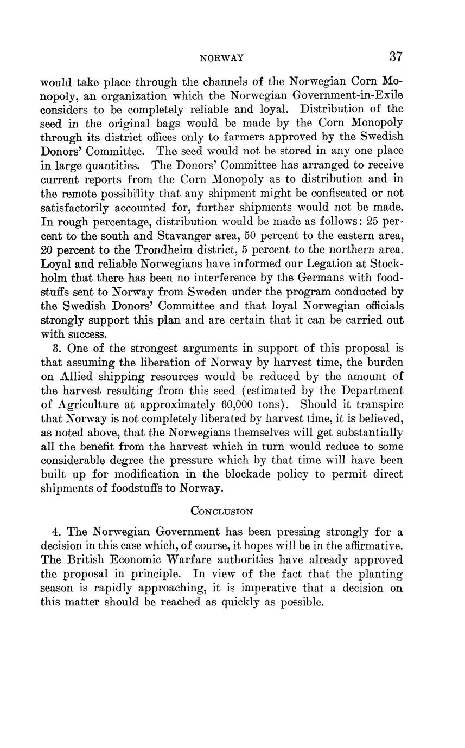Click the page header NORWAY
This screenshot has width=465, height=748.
[222, 57]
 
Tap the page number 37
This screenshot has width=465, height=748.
[396, 56]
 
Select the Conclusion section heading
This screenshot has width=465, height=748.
[222, 511]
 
